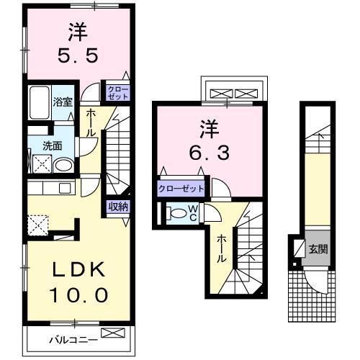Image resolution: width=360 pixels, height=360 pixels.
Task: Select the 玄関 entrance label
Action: coord(318,250)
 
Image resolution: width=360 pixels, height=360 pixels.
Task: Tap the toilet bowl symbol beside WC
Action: coord(176,213)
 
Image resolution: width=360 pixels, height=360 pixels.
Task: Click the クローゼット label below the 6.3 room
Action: coord(181,189)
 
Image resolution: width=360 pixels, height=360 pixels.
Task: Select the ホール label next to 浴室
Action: coord(92,122)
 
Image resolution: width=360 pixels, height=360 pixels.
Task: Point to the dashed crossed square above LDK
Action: coord(37,225)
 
